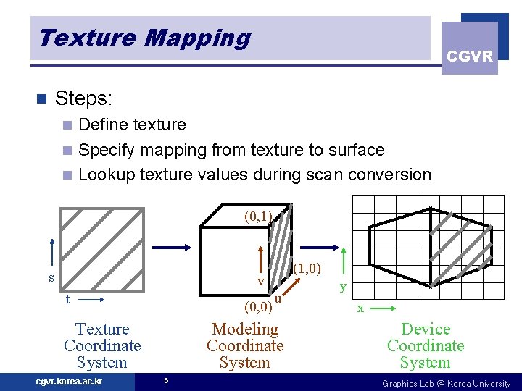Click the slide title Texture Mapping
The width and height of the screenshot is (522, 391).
pyautogui.click(x=144, y=38)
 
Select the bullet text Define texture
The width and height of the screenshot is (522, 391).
pyautogui.click(x=132, y=125)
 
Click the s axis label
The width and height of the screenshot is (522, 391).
pyautogui.click(x=51, y=277)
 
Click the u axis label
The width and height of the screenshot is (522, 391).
pyautogui.click(x=278, y=298)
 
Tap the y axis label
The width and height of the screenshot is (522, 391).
pyautogui.click(x=343, y=287)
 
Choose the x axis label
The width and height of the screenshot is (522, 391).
pyautogui.click(x=360, y=308)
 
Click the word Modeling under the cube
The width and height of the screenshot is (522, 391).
pyautogui.click(x=245, y=329)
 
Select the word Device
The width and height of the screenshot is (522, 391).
pyautogui.click(x=426, y=329)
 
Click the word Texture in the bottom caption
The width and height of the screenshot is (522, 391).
pyautogui.click(x=102, y=329)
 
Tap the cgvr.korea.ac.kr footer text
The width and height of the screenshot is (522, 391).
pyautogui.click(x=69, y=382)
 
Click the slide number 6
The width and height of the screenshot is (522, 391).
pyautogui.click(x=166, y=381)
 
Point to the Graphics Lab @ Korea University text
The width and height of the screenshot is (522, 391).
pyautogui.click(x=447, y=383)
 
